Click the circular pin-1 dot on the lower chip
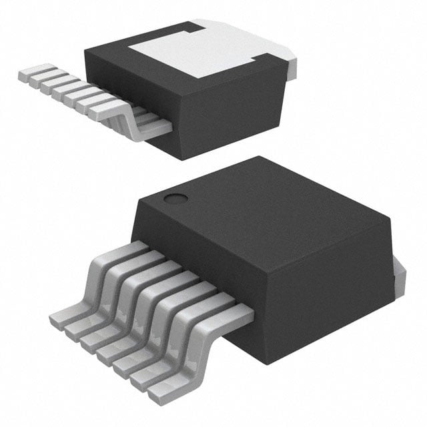[175, 198]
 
